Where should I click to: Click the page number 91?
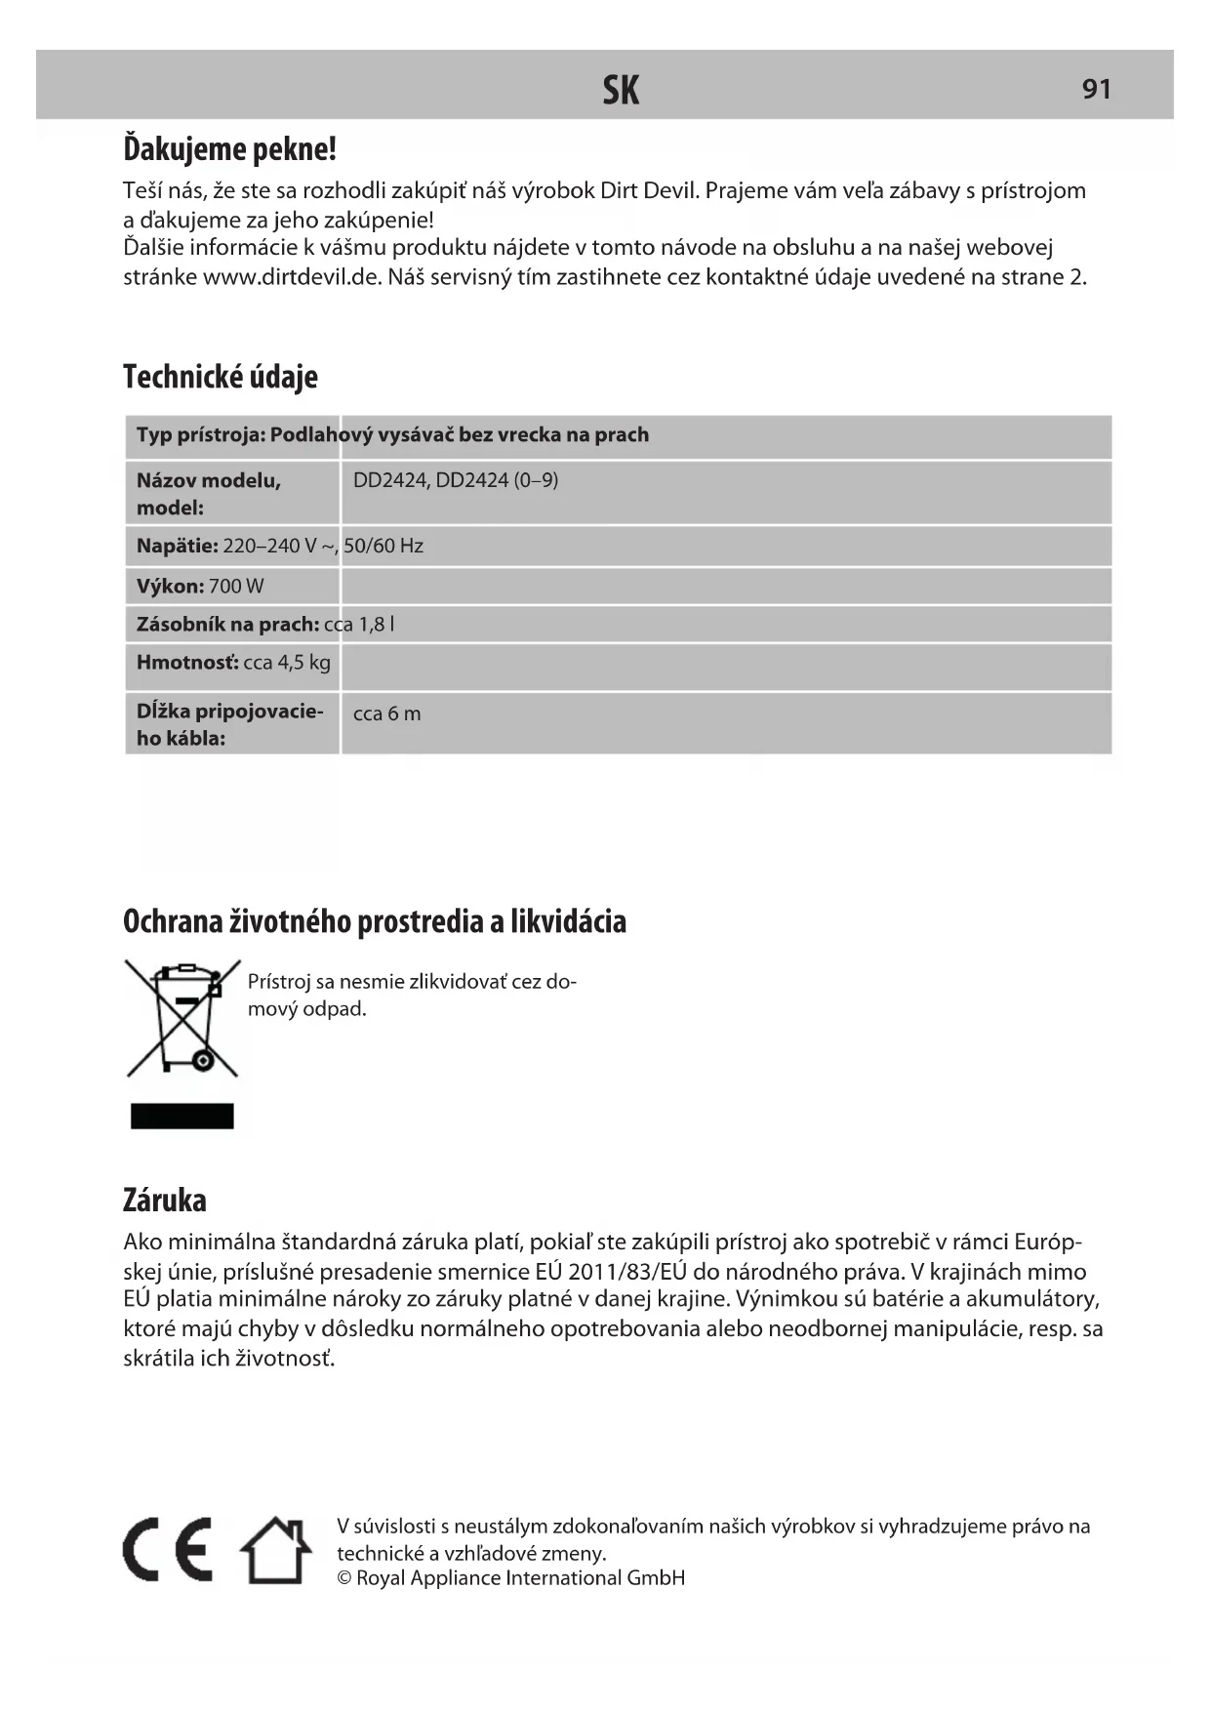[1096, 89]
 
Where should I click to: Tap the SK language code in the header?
[621, 90]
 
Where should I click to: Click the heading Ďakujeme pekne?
[229, 149]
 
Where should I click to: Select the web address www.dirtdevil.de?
[290, 277]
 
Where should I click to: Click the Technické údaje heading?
[221, 377]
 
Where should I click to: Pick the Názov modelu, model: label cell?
[209, 493]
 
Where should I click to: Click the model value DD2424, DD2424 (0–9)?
[456, 480]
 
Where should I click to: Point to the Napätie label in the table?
[177, 546]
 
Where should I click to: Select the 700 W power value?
[236, 587]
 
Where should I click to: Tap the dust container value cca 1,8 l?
[359, 625]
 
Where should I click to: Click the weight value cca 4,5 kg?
[287, 663]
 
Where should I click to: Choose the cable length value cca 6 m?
[386, 713]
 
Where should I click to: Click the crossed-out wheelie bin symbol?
[182, 1018]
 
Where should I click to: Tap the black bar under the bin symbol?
[182, 1116]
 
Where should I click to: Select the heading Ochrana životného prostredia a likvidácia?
[375, 921]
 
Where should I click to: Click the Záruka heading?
[165, 1200]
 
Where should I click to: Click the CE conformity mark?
[168, 1550]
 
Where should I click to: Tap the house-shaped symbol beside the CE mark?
[276, 1550]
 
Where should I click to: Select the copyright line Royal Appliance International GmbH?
[511, 1578]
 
